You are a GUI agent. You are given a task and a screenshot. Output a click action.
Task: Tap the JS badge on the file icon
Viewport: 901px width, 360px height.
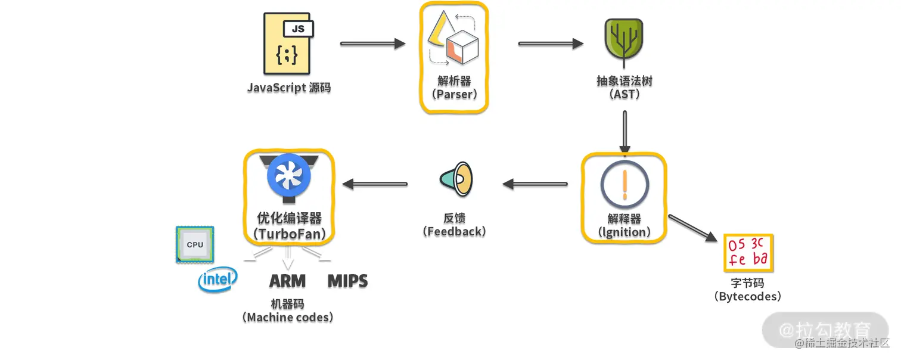click(298, 28)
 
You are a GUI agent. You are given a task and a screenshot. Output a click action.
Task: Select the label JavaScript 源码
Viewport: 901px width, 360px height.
click(289, 88)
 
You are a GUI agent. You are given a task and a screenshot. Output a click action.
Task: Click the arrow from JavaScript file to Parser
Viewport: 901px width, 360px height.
click(372, 44)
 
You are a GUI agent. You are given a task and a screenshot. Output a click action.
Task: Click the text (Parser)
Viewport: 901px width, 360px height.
click(453, 94)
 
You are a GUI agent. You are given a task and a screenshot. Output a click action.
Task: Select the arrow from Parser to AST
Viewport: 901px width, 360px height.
click(550, 44)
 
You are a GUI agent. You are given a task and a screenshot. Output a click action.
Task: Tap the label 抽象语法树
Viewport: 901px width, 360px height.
click(624, 80)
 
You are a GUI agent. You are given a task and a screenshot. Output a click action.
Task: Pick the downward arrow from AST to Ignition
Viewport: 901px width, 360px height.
click(624, 131)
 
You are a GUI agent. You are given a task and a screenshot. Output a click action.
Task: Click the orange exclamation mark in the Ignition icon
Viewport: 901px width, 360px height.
click(624, 184)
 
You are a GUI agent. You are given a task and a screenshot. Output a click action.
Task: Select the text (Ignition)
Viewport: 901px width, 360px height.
click(624, 232)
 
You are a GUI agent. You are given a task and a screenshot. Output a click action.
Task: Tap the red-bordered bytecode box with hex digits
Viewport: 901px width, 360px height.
click(747, 253)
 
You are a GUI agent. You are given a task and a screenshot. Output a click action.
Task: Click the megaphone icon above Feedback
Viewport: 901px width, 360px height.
click(456, 179)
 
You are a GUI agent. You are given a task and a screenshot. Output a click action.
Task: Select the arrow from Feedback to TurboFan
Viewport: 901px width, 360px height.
click(375, 184)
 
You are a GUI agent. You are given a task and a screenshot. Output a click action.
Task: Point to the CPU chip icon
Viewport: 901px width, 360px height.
click(195, 244)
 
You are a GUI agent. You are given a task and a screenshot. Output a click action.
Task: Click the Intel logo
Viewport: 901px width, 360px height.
click(218, 279)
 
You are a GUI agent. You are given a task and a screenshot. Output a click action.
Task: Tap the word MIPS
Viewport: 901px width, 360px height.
click(347, 281)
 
